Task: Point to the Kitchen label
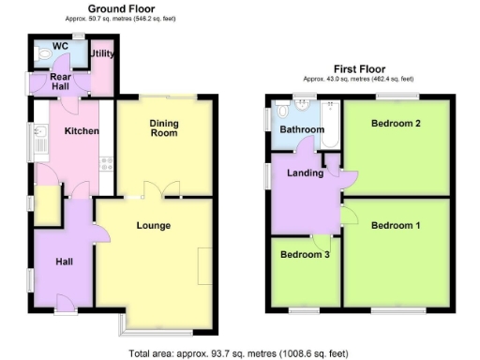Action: point(81,131)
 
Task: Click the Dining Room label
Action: point(164,127)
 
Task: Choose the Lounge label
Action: point(152,225)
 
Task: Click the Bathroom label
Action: point(305,129)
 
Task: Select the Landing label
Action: point(299,172)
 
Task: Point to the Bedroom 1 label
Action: point(395,225)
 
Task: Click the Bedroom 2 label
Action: point(395,124)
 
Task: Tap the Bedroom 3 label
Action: point(306,253)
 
